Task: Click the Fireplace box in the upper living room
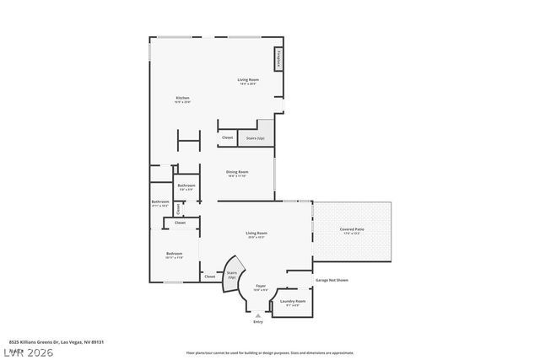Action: (x=278, y=60)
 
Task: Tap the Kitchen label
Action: (x=182, y=99)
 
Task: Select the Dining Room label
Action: (x=237, y=172)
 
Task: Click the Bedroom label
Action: (x=175, y=253)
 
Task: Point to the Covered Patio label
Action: (x=352, y=229)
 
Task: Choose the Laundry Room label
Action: (x=294, y=301)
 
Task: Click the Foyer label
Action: (x=261, y=287)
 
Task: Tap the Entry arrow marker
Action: (x=258, y=314)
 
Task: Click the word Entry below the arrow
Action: (x=258, y=322)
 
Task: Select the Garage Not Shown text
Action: (x=332, y=280)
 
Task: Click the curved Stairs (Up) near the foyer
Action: (x=230, y=278)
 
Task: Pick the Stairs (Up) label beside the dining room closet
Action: (x=255, y=138)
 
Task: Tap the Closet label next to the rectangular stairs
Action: (x=227, y=137)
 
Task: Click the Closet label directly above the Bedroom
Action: (x=180, y=223)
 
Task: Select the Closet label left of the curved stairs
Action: (x=209, y=276)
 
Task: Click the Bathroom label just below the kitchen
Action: (x=186, y=185)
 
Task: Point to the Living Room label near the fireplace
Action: (x=246, y=80)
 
